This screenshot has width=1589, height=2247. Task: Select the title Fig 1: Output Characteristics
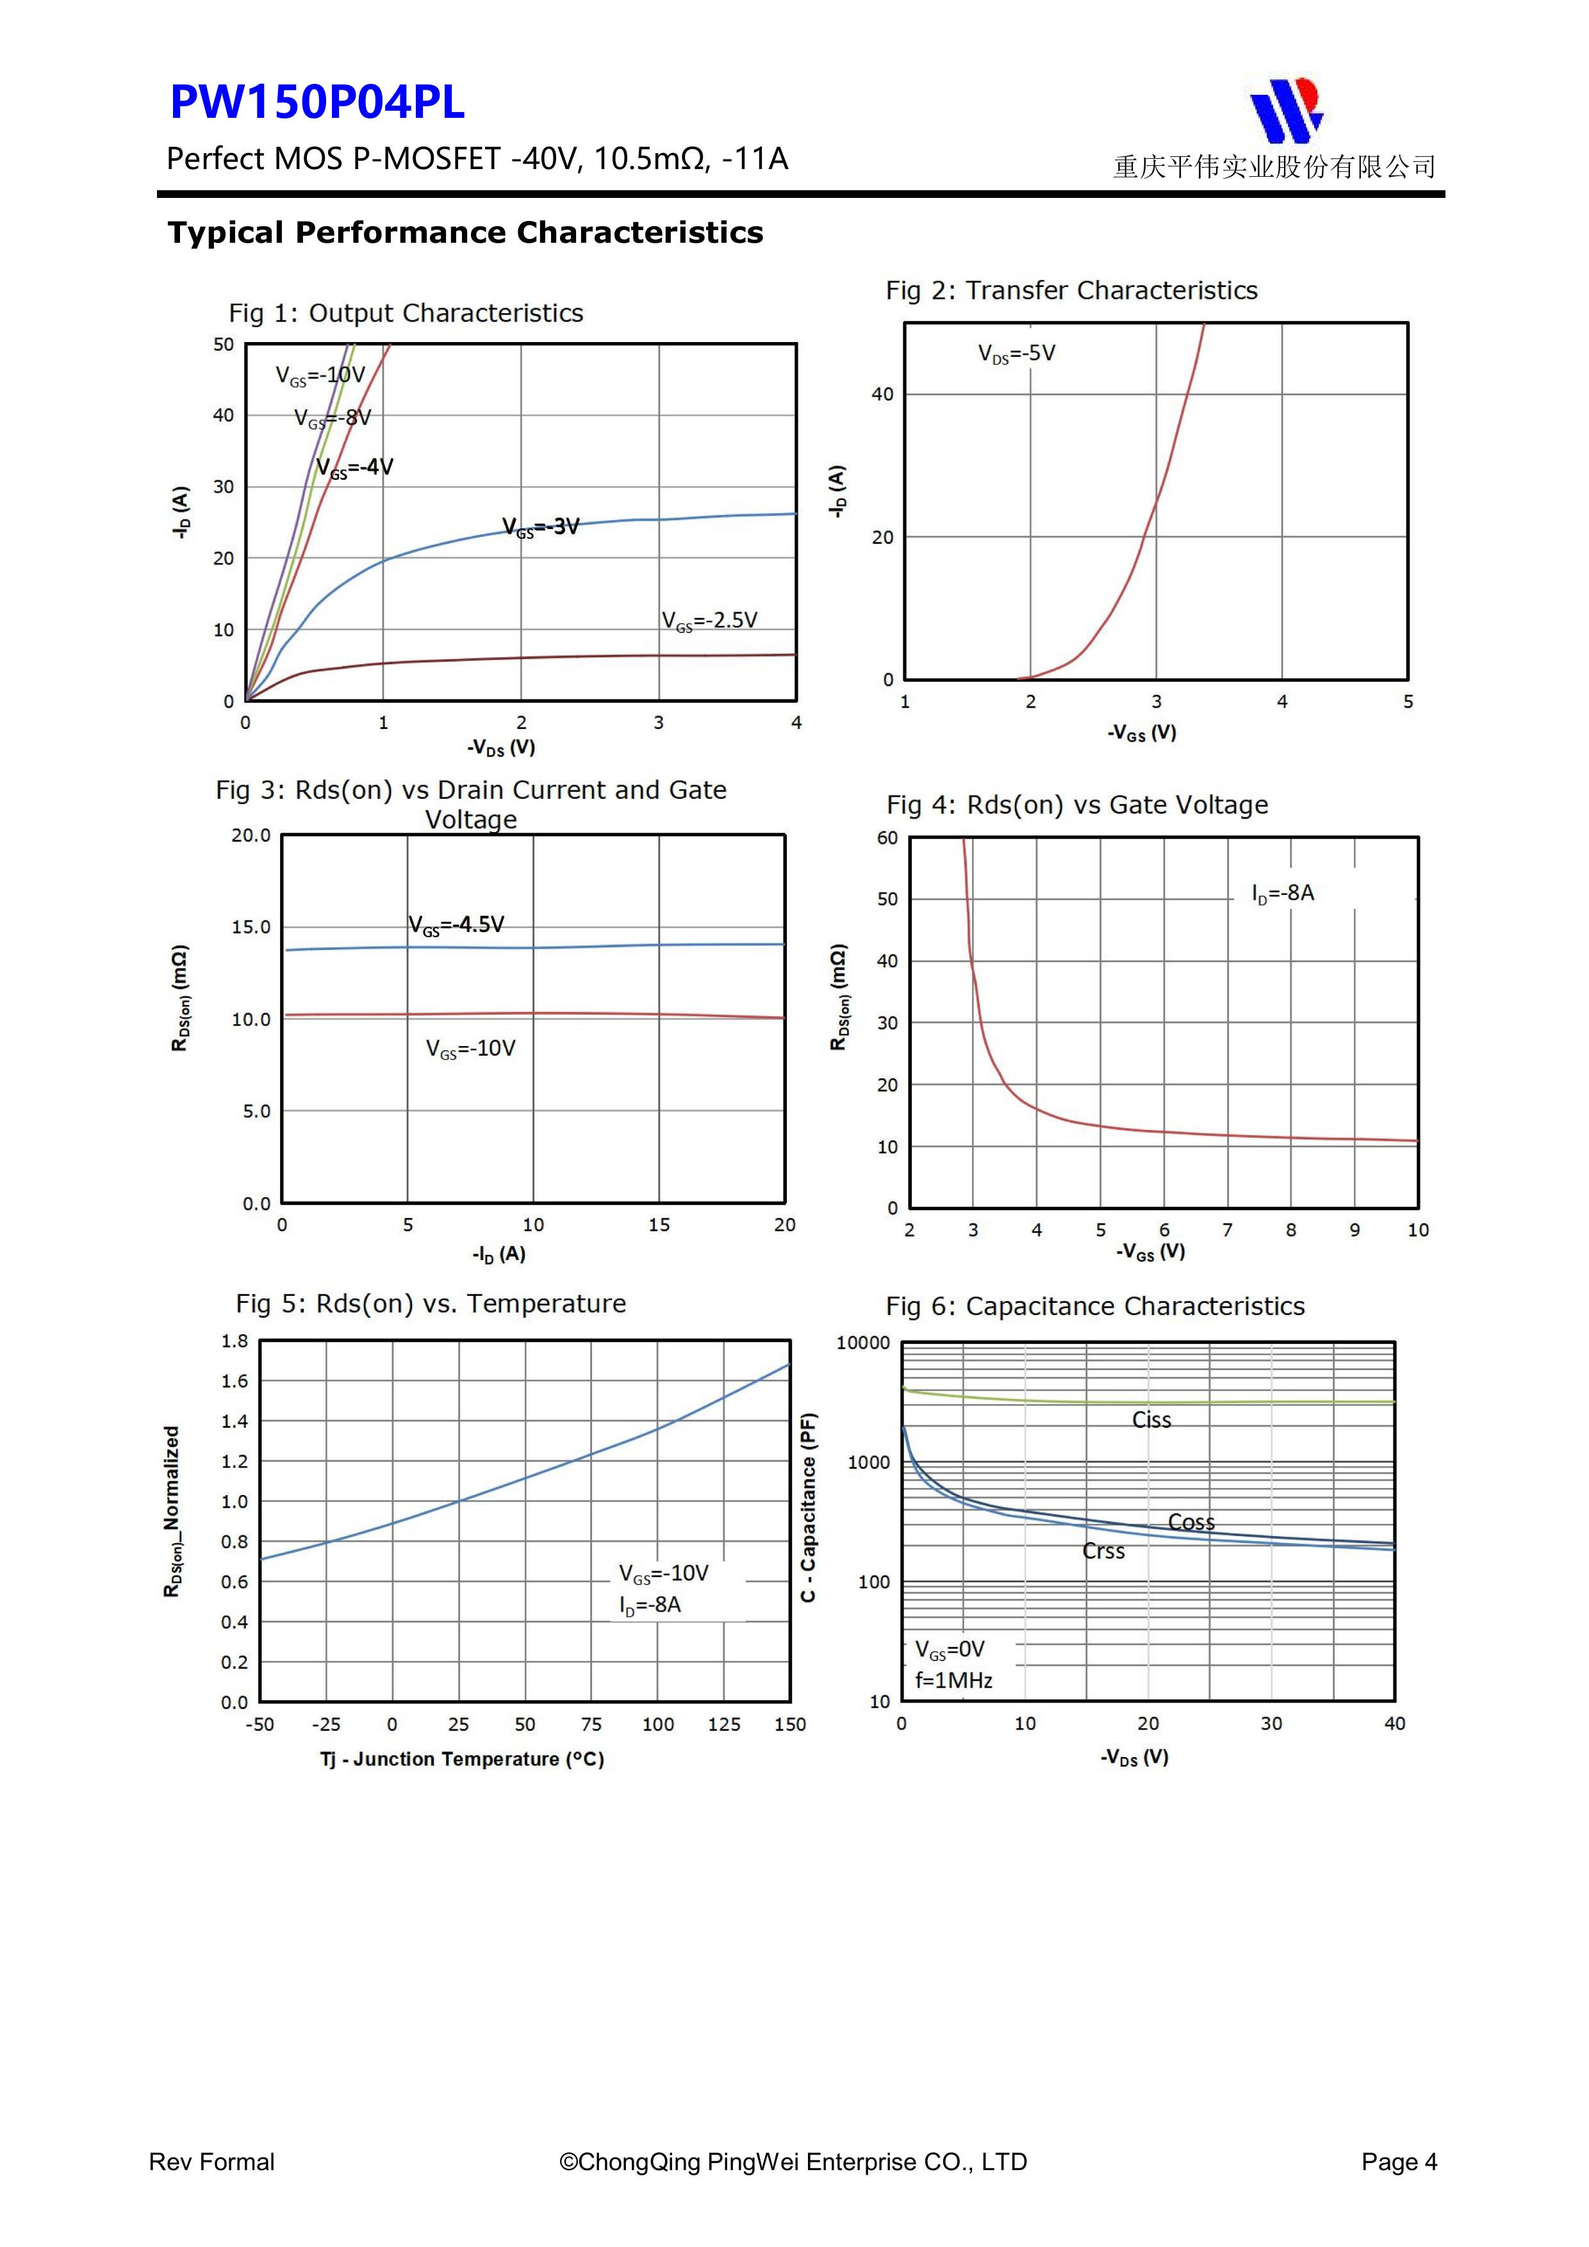(406, 313)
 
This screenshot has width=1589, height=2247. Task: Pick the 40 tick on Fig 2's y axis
(882, 395)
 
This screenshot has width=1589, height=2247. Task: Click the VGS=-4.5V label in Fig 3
(456, 925)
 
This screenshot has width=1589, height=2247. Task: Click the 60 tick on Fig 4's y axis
(887, 838)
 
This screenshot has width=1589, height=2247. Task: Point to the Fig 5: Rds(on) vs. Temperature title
(431, 1303)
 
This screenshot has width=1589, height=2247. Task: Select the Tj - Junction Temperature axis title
(462, 1759)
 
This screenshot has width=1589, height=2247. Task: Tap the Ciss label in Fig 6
(1151, 1420)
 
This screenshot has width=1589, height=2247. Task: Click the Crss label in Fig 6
(1103, 1551)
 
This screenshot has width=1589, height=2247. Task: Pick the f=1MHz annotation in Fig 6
(953, 1680)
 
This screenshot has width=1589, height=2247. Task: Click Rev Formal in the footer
(211, 2162)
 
